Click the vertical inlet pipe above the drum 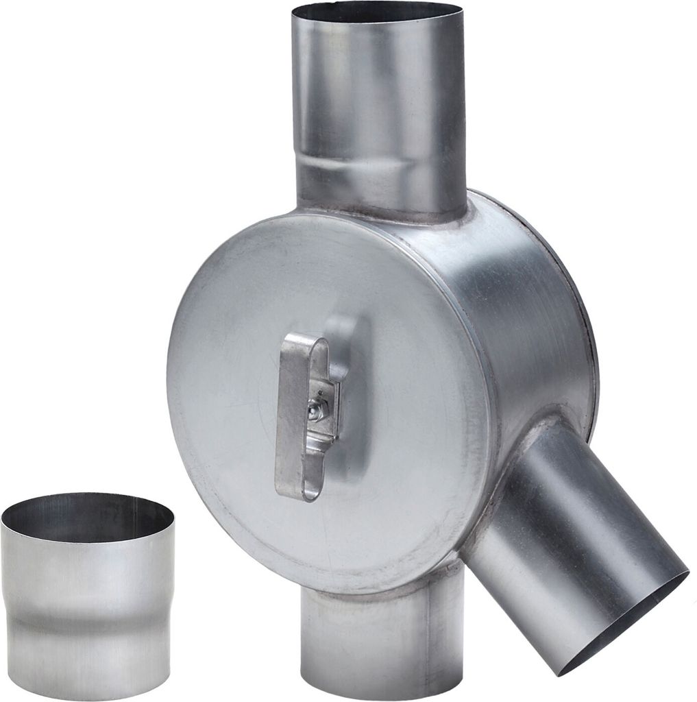377,103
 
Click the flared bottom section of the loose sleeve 88,651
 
